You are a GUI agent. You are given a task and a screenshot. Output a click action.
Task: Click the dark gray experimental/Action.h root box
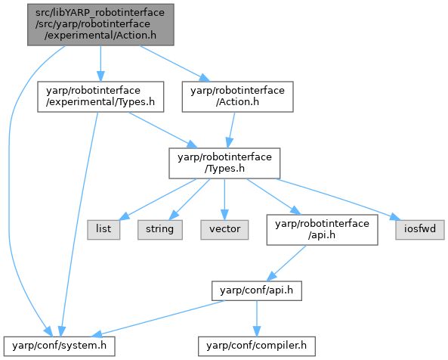(100, 25)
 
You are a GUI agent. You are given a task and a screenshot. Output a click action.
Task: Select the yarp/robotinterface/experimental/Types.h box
(100, 97)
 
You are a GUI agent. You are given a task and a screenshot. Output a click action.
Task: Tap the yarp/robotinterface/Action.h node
(238, 97)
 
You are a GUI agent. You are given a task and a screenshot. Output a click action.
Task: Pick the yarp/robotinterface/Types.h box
(224, 163)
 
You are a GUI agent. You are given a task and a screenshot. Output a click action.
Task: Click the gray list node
(104, 230)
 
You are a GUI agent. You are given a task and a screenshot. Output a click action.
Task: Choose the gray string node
(160, 230)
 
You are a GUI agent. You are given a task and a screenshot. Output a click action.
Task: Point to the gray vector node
(224, 230)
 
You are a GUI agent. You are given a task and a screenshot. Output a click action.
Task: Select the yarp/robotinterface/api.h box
(323, 230)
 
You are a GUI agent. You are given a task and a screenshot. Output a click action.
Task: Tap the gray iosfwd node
(420, 230)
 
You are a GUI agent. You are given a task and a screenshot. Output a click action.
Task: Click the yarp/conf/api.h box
(257, 291)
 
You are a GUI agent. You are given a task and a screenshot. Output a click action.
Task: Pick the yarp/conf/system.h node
(60, 346)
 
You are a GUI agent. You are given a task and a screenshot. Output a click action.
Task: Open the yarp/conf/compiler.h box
(257, 346)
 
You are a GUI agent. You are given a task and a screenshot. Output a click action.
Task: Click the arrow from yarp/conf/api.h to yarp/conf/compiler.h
(257, 318)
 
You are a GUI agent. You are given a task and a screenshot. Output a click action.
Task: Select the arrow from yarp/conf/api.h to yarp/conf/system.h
(159, 318)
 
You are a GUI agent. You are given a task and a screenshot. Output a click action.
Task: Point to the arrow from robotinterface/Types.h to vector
(224, 200)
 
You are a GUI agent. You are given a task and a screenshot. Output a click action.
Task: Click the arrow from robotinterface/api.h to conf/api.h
(286, 263)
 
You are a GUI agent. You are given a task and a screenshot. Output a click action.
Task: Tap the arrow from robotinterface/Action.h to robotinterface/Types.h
(231, 130)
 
